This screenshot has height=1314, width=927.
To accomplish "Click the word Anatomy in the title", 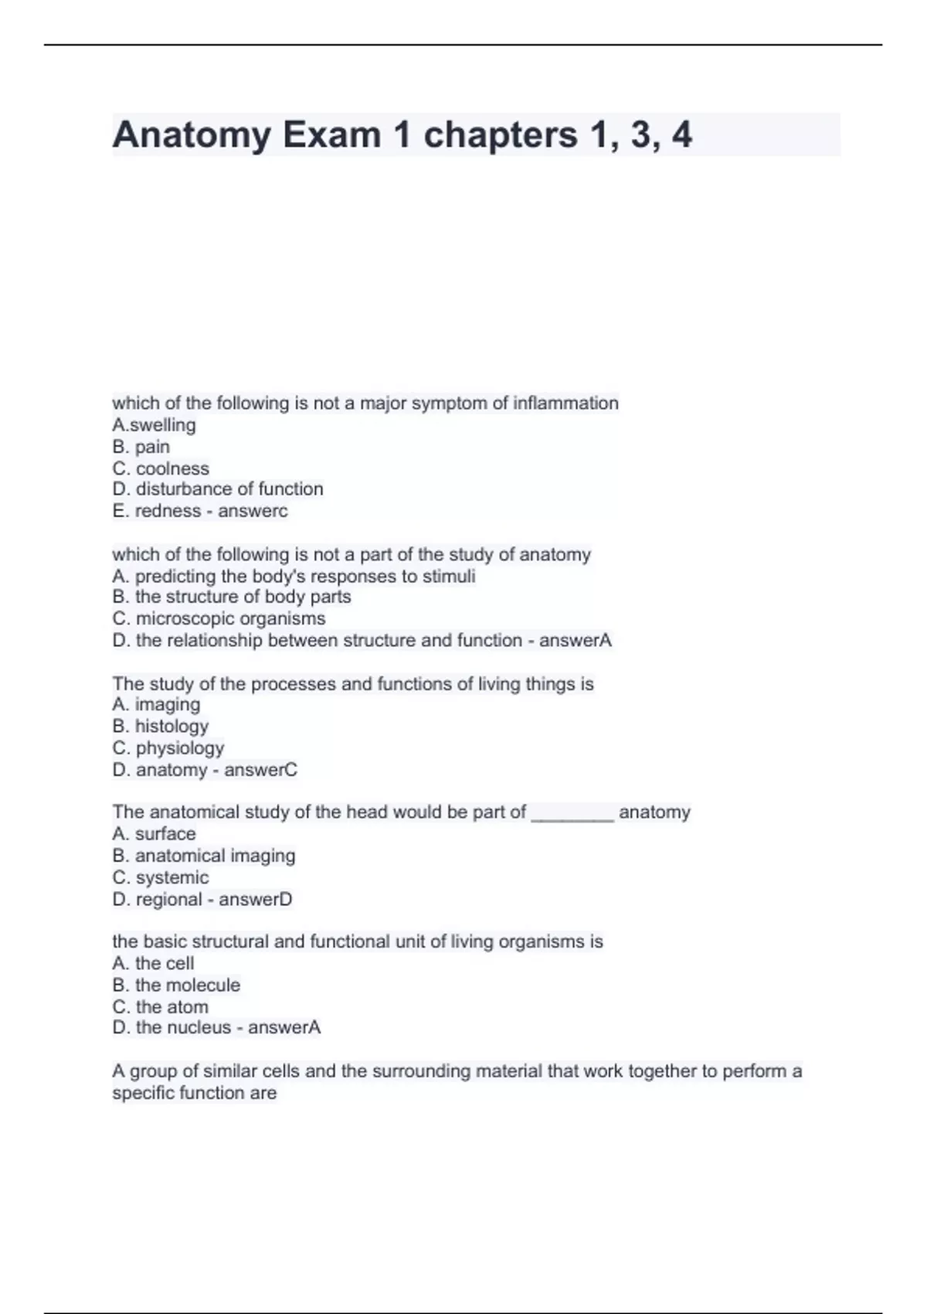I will (x=192, y=135).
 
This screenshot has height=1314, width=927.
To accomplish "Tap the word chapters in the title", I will (x=500, y=135).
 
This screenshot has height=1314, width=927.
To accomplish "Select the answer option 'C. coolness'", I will (x=161, y=468).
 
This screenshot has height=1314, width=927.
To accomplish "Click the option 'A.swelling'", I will (x=154, y=425).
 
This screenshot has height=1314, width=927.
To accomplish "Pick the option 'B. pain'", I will (x=141, y=447).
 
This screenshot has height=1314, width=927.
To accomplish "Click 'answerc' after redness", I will (x=253, y=511).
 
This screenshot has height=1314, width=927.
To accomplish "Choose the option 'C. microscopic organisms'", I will (x=219, y=618).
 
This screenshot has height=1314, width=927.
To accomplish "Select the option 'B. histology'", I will (x=160, y=726).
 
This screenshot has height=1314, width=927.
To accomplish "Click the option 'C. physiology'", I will (x=168, y=747).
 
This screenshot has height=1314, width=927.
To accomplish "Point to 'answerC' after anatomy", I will (x=260, y=770).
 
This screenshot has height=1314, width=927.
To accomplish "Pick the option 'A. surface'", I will (x=154, y=833).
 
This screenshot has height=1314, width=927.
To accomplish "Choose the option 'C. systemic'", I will (x=160, y=877).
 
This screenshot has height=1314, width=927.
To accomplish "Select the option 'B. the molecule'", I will (x=176, y=985).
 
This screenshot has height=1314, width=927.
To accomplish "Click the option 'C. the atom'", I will (x=160, y=1006).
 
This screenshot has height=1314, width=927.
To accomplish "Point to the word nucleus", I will (x=203, y=1027).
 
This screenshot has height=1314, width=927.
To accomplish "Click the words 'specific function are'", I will (x=194, y=1093).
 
